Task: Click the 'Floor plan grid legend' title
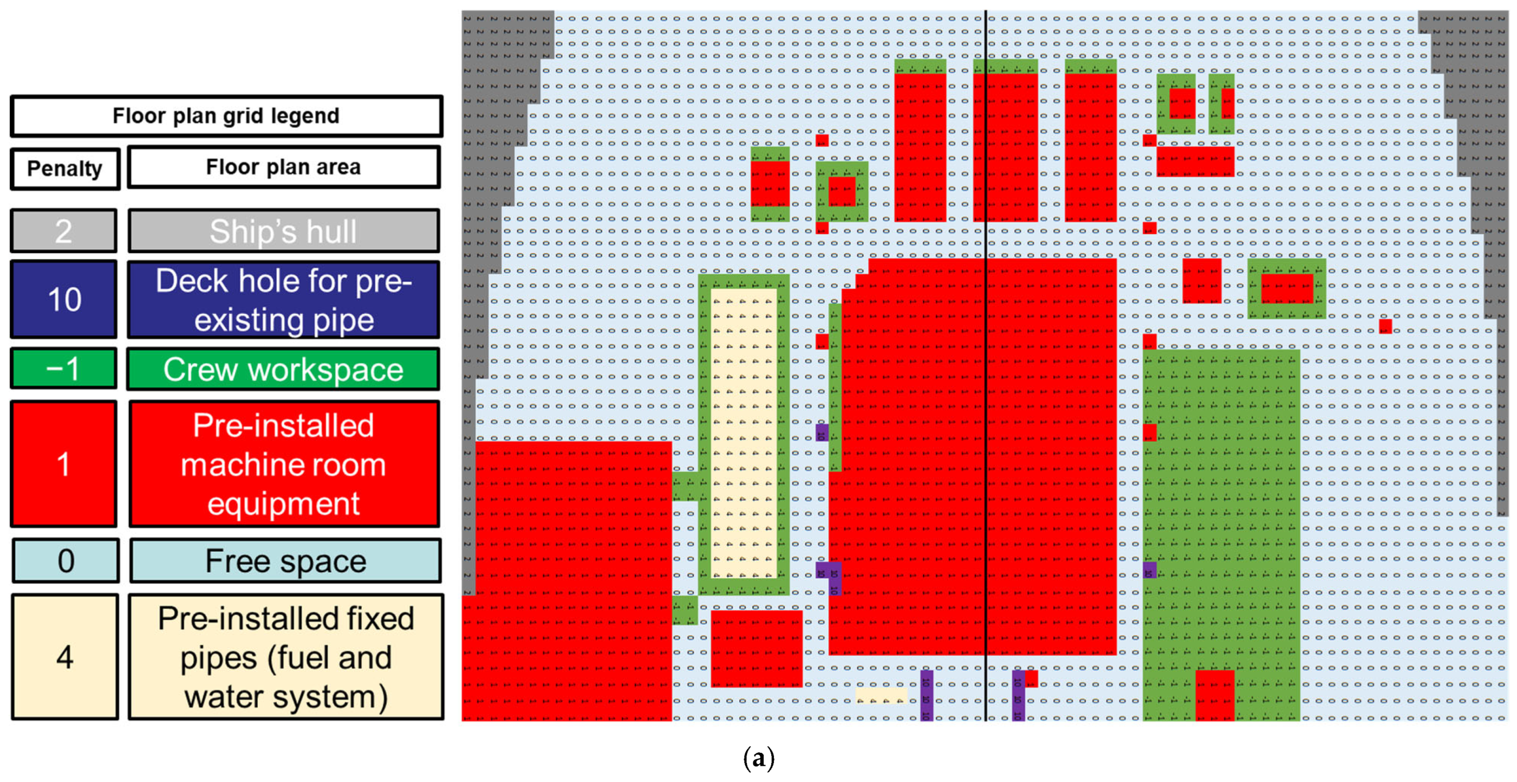[226, 116]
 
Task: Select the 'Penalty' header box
[65, 169]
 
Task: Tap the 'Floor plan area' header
[283, 167]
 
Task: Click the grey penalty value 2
[63, 230]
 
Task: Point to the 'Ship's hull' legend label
[283, 230]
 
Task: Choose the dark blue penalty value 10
[63, 299]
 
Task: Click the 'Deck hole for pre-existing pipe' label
[283, 299]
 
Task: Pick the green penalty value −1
[63, 369]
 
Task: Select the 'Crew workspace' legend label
[283, 369]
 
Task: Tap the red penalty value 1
[63, 464]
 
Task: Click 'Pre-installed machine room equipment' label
[283, 464]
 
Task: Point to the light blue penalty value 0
[66, 560]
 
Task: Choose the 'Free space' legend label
[285, 560]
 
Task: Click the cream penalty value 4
[65, 656]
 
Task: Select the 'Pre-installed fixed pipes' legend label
[285, 656]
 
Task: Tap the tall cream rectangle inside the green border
[743, 433]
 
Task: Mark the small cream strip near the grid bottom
[881, 695]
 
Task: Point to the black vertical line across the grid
[986, 365]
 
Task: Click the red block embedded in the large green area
[1214, 695]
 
